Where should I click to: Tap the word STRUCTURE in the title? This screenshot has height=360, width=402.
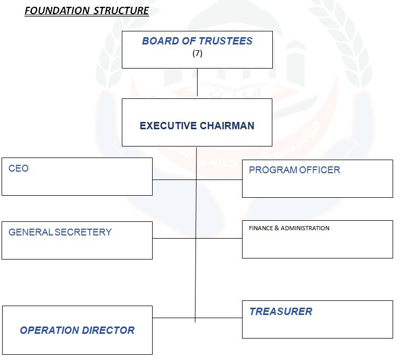pos(121,11)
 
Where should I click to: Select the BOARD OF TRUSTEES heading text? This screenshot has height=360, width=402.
pos(197,41)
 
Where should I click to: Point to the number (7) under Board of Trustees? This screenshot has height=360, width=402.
pos(197,53)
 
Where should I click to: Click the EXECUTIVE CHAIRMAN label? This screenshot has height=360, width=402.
pos(197,126)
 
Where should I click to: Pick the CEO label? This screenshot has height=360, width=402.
pos(19,168)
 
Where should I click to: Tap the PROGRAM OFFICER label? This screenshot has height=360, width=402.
pos(294,170)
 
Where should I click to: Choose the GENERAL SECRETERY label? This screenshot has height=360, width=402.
pos(60,232)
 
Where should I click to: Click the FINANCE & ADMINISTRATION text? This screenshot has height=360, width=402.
pos(289,228)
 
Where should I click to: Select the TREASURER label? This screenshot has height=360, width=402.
pos(281,311)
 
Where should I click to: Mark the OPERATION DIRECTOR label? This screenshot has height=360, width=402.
pos(77,330)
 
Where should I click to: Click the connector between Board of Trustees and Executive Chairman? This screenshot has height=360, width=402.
pos(197,83)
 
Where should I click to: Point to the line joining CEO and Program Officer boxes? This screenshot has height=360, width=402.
pos(220,179)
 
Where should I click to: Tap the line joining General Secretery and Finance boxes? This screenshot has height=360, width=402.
pos(220,239)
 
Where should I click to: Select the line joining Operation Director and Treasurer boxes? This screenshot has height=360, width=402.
pos(220,318)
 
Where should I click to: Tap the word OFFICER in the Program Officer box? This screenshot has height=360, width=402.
pos(320,170)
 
